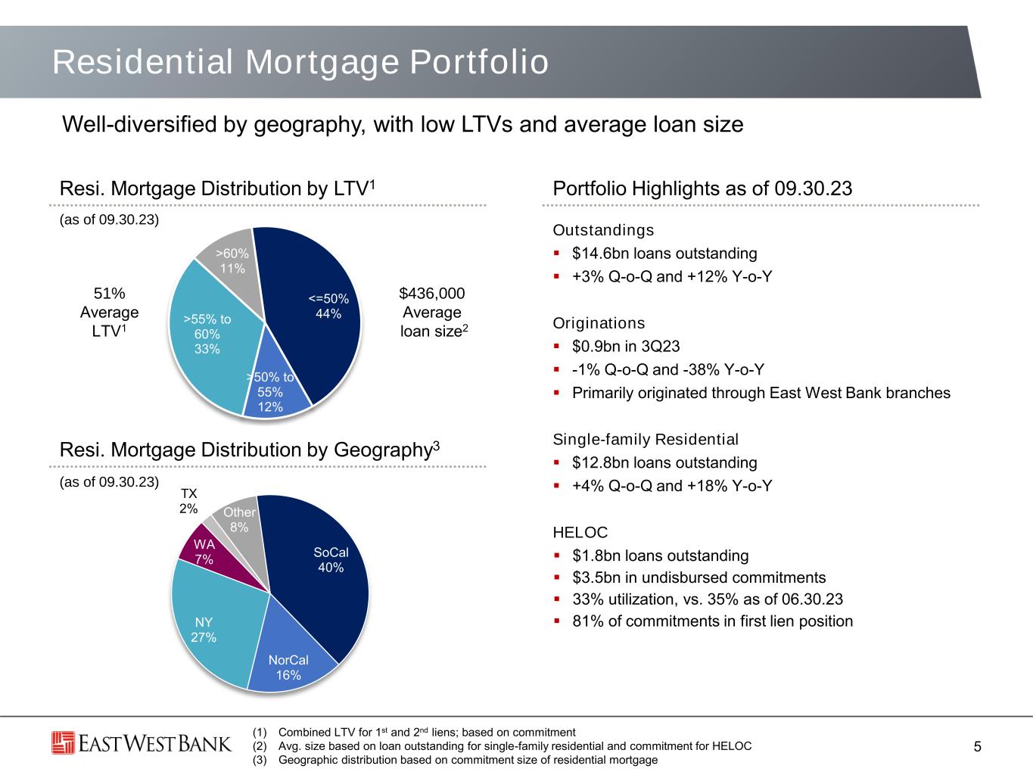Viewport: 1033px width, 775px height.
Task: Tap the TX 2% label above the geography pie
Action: (x=188, y=501)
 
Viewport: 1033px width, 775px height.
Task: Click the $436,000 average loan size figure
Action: (x=432, y=293)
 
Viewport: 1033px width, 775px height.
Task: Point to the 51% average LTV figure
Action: (x=109, y=293)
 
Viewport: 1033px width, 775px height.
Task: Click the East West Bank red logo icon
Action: (x=63, y=743)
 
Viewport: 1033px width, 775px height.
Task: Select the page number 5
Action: (x=977, y=747)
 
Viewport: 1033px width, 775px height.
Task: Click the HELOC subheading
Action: (x=580, y=532)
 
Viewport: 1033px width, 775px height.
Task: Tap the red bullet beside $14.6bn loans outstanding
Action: (x=557, y=253)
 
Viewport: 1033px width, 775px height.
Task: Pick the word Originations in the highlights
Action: (x=599, y=323)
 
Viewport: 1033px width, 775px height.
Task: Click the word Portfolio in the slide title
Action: (x=480, y=62)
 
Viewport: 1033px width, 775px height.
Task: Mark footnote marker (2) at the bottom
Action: (x=260, y=746)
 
